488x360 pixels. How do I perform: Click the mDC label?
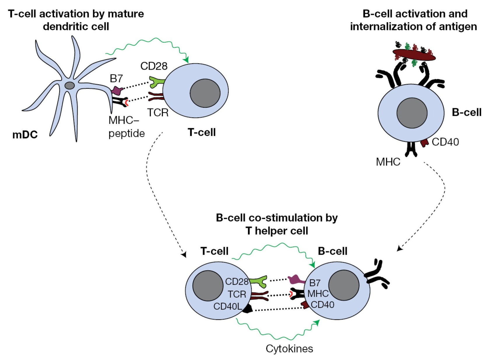coord(25,135)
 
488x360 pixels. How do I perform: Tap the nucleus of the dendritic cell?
coord(69,86)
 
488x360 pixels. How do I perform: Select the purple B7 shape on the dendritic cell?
coord(116,91)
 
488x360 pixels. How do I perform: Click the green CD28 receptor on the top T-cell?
coord(156,82)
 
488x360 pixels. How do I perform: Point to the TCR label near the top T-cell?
coord(158,112)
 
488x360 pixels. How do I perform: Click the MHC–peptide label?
coord(126,127)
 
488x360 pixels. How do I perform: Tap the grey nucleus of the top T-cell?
coord(205,93)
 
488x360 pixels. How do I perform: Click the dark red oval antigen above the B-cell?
coord(414,55)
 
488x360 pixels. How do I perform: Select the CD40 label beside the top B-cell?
coord(445,142)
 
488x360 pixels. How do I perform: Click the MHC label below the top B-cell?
coord(388,162)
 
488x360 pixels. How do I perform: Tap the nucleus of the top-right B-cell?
coord(412,113)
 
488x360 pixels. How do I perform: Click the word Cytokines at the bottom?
coord(289,349)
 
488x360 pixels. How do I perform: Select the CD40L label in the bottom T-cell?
coord(228,306)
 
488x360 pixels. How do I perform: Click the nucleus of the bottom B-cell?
coord(344,285)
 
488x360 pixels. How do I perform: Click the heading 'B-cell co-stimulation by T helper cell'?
coord(277,224)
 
